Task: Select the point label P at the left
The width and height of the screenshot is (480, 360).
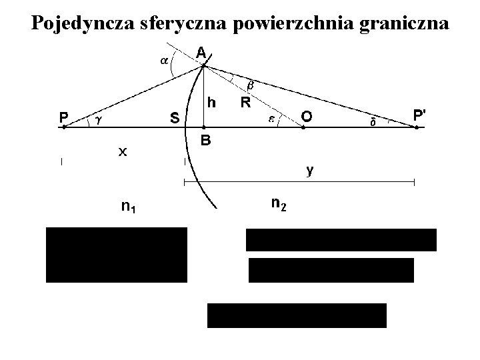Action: [x=63, y=117]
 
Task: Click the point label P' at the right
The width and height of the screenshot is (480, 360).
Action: [x=420, y=115]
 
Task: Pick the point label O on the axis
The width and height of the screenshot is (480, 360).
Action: [x=306, y=117]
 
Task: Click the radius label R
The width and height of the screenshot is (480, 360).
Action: [x=245, y=103]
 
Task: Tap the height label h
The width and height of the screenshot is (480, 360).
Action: [x=211, y=102]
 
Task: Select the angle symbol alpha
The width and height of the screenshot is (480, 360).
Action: [x=163, y=61]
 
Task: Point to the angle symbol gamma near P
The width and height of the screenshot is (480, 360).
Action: [x=98, y=120]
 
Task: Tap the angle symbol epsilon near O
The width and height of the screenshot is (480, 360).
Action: [x=271, y=119]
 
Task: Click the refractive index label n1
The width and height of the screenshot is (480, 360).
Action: [x=129, y=207]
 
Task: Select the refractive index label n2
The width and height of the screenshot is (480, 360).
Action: [x=279, y=203]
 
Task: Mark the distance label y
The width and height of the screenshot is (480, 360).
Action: [x=310, y=171]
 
